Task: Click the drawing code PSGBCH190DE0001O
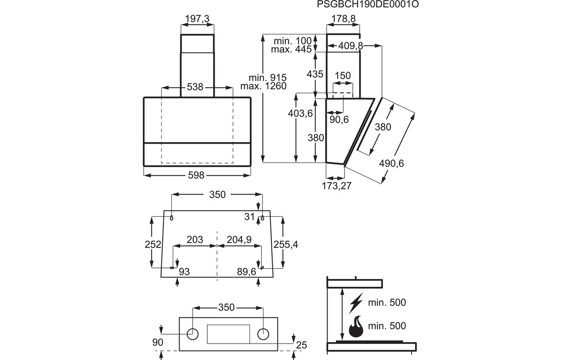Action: pyautogui.click(x=368, y=4)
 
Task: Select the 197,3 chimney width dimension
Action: pyautogui.click(x=197, y=18)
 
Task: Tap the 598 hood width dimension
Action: pyautogui.click(x=196, y=175)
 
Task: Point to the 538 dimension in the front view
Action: pyautogui.click(x=195, y=87)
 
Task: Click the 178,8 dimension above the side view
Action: pyautogui.click(x=344, y=18)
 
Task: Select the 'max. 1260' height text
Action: pyautogui.click(x=264, y=86)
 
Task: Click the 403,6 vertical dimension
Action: pyautogui.click(x=300, y=114)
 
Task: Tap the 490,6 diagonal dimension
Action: pyautogui.click(x=392, y=163)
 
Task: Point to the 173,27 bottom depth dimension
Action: pyautogui.click(x=337, y=186)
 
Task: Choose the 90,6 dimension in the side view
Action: pyautogui.click(x=339, y=119)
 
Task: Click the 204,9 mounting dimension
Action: pyautogui.click(x=239, y=239)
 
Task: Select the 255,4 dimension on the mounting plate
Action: pyautogui.click(x=286, y=245)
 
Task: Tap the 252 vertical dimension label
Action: pyautogui.click(x=153, y=245)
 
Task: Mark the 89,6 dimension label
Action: pyautogui.click(x=247, y=272)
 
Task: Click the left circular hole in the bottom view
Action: pyautogui.click(x=193, y=334)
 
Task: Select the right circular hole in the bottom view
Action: pyautogui.click(x=263, y=334)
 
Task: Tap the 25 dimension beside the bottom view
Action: pyautogui.click(x=302, y=345)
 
